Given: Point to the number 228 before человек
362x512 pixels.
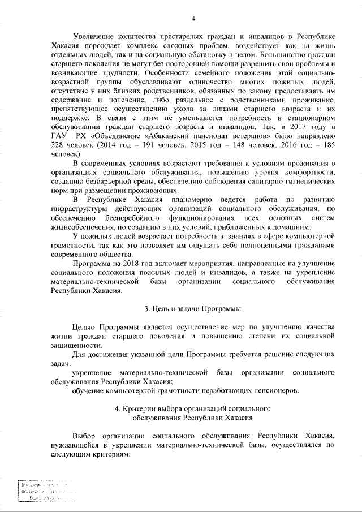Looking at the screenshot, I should [x=58, y=145].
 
